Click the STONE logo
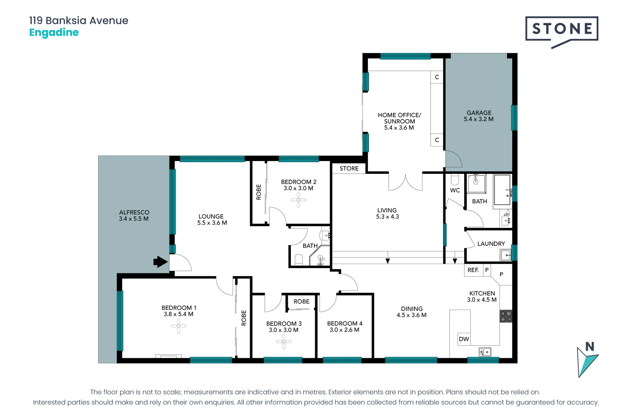(x=562, y=29)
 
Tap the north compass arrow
(x=587, y=361)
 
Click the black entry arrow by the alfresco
(x=160, y=262)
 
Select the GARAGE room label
(x=479, y=113)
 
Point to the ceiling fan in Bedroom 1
(x=178, y=326)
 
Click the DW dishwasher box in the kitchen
(x=464, y=339)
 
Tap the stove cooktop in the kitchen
(x=506, y=316)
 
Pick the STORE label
(x=349, y=168)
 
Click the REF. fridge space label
(x=473, y=270)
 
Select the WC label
(x=455, y=190)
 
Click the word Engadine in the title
(x=54, y=32)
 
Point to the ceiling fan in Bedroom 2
(x=298, y=201)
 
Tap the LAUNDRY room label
(x=491, y=244)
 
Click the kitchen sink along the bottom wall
(x=485, y=352)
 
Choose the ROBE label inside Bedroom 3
(x=301, y=301)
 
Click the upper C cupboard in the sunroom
(x=437, y=77)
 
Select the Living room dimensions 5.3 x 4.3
(x=387, y=217)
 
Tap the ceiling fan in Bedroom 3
(x=283, y=342)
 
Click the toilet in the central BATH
(x=298, y=259)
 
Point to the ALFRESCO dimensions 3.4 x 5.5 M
(x=134, y=219)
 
